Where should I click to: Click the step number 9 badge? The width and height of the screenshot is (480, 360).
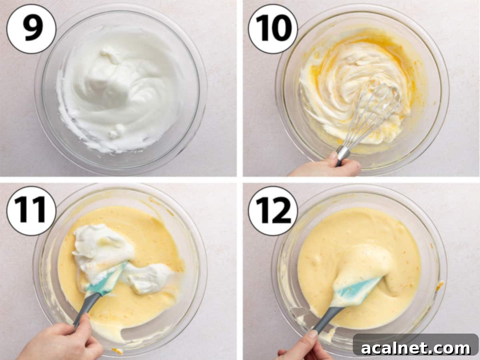[31, 29]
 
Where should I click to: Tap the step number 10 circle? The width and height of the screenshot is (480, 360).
[273, 29]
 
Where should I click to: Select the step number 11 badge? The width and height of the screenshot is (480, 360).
[31, 211]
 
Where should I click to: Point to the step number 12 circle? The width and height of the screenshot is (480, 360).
[273, 211]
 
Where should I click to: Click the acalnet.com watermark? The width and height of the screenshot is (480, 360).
[416, 348]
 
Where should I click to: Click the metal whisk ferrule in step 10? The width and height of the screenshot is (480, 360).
[342, 153]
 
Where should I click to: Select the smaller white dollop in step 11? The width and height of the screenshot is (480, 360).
[149, 278]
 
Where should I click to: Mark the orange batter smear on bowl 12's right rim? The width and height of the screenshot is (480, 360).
[440, 286]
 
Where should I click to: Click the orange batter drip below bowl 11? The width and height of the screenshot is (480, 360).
[117, 351]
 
